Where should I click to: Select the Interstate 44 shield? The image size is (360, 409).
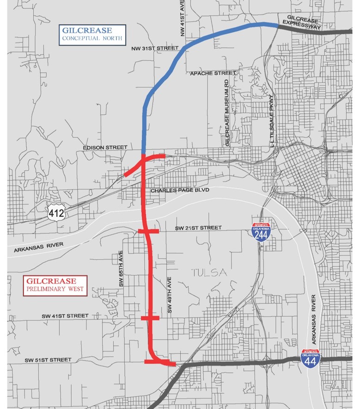pyautogui.click(x=310, y=358)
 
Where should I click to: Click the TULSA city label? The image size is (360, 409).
pyautogui.click(x=209, y=273)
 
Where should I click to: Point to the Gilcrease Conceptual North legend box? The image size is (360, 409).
pyautogui.click(x=92, y=35)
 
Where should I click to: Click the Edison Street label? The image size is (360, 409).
pyautogui.click(x=104, y=148)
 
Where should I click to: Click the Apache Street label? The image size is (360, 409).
pyautogui.click(x=213, y=73)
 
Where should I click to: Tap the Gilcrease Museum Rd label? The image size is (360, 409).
pyautogui.click(x=227, y=113)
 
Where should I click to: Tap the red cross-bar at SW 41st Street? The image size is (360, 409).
pyautogui.click(x=150, y=318)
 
